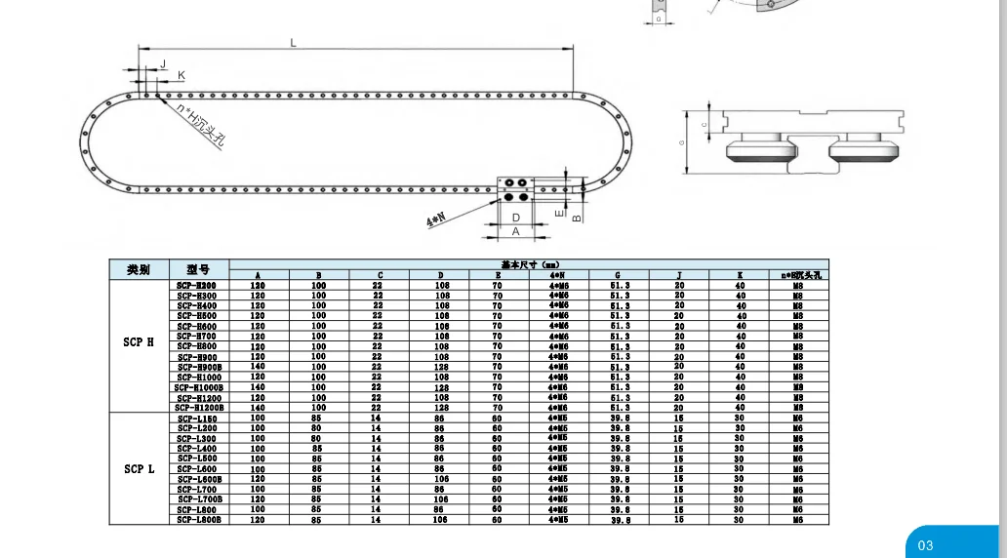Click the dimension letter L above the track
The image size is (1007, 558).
click(x=293, y=41)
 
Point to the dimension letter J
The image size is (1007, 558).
click(x=162, y=62)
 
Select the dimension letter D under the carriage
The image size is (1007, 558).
click(x=515, y=217)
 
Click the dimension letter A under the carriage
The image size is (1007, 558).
click(x=515, y=231)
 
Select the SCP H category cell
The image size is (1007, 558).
click(x=139, y=342)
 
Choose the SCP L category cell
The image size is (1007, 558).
click(x=139, y=469)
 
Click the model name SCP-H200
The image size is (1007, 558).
click(x=197, y=285)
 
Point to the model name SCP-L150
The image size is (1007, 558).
click(x=197, y=418)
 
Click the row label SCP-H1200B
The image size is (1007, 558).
click(x=199, y=408)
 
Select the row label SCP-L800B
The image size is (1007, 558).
click(x=199, y=520)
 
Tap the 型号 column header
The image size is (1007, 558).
click(x=198, y=269)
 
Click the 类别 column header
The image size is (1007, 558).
click(x=139, y=269)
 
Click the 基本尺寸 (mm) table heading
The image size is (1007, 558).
click(x=527, y=263)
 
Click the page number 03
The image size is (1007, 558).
click(x=925, y=545)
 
